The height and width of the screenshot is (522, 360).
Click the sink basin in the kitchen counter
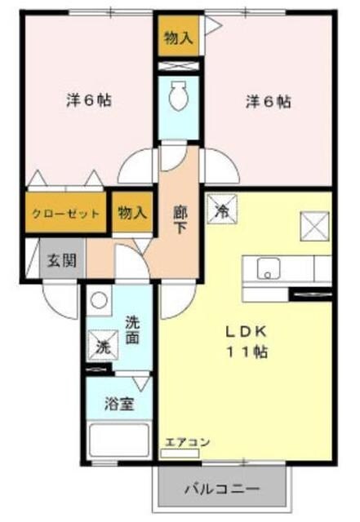tap(268, 267)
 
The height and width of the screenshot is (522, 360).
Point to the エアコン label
tap(188, 442)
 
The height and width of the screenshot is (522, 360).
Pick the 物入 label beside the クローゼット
tap(131, 213)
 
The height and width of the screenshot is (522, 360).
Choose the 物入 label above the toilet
tap(177, 38)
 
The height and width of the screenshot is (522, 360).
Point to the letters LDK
tap(245, 333)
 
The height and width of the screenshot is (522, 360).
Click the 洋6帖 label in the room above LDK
tap(268, 103)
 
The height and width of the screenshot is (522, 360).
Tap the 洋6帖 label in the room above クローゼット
tap(88, 101)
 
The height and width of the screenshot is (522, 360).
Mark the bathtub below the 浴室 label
tap(118, 440)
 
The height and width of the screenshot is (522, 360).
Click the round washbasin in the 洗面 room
tap(99, 300)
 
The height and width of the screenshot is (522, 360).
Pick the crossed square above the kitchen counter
tap(314, 223)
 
